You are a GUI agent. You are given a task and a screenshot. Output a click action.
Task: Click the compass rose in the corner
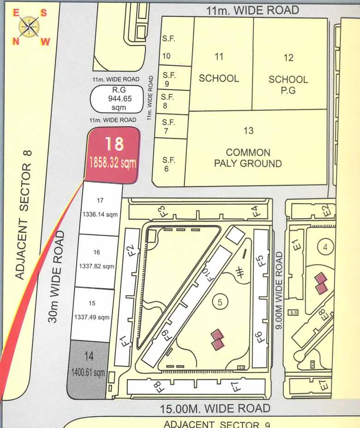click(30, 27)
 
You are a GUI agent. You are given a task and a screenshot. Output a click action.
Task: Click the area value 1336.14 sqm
click(100, 214)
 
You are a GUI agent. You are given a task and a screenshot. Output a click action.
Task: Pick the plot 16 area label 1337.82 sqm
click(96, 266)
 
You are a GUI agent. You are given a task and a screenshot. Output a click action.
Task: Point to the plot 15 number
click(92, 303)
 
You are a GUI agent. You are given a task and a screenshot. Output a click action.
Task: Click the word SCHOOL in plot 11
click(219, 78)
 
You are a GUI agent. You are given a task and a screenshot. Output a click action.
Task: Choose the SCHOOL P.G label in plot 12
click(288, 85)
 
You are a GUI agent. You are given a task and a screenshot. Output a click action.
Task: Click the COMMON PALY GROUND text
click(248, 157)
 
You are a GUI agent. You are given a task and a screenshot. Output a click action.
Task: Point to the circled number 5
click(220, 302)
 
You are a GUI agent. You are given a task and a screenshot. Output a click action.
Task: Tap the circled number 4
click(325, 247)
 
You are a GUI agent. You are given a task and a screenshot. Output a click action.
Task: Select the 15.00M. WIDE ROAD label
click(215, 408)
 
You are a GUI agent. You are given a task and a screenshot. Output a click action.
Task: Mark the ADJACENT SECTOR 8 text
click(24, 214)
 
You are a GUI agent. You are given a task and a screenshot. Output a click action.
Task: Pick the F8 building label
click(157, 386)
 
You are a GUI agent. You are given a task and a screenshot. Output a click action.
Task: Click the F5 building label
click(259, 260)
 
